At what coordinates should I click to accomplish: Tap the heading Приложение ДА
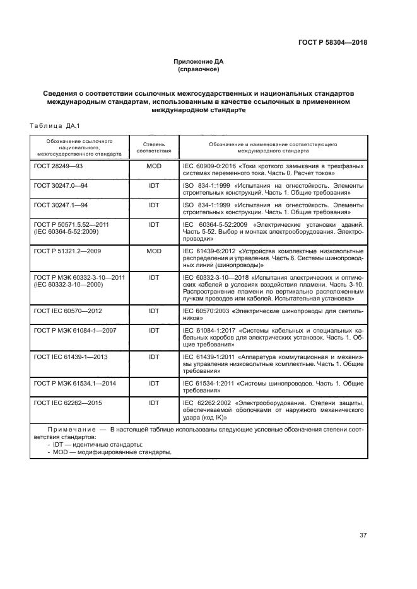(199, 61)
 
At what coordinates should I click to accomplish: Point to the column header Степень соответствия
(153, 147)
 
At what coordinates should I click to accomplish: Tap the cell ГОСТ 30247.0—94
(61, 186)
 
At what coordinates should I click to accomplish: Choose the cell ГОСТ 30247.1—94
(61, 205)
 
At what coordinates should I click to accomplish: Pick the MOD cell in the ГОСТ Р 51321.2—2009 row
(153, 251)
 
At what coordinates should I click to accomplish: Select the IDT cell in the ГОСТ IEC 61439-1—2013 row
(153, 357)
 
